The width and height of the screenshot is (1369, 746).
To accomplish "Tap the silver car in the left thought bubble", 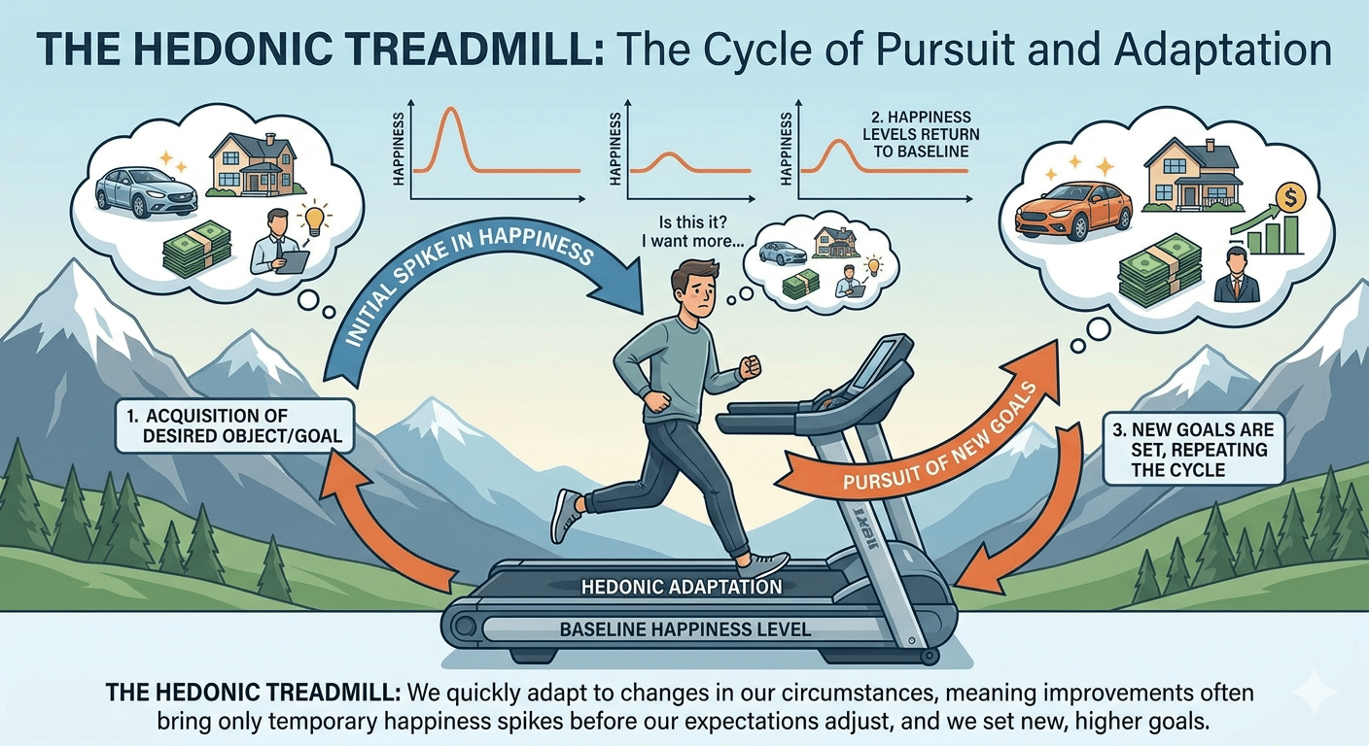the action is pyautogui.click(x=146, y=191).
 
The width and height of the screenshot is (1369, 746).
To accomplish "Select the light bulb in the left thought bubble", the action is pyautogui.click(x=314, y=219).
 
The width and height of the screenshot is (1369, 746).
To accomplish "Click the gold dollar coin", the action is pyautogui.click(x=1291, y=197).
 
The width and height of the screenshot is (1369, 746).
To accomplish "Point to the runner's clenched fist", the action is pyautogui.click(x=751, y=366).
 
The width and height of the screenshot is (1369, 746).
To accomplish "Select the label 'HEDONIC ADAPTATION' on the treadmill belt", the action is pyautogui.click(x=682, y=588).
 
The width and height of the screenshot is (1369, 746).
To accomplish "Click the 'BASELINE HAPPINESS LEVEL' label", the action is pyautogui.click(x=685, y=628).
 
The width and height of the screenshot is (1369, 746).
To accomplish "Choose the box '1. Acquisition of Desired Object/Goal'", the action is pyautogui.click(x=234, y=426).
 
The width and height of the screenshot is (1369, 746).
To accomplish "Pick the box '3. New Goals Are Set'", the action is pyautogui.click(x=1194, y=450).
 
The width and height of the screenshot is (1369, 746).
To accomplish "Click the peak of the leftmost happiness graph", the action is pyautogui.click(x=451, y=109).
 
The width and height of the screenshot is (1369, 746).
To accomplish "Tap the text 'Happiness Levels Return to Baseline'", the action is pyautogui.click(x=921, y=134).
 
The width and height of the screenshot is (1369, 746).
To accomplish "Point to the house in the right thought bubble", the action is pyautogui.click(x=1192, y=175).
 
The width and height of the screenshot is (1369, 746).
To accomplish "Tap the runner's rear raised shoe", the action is pyautogui.click(x=567, y=517).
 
